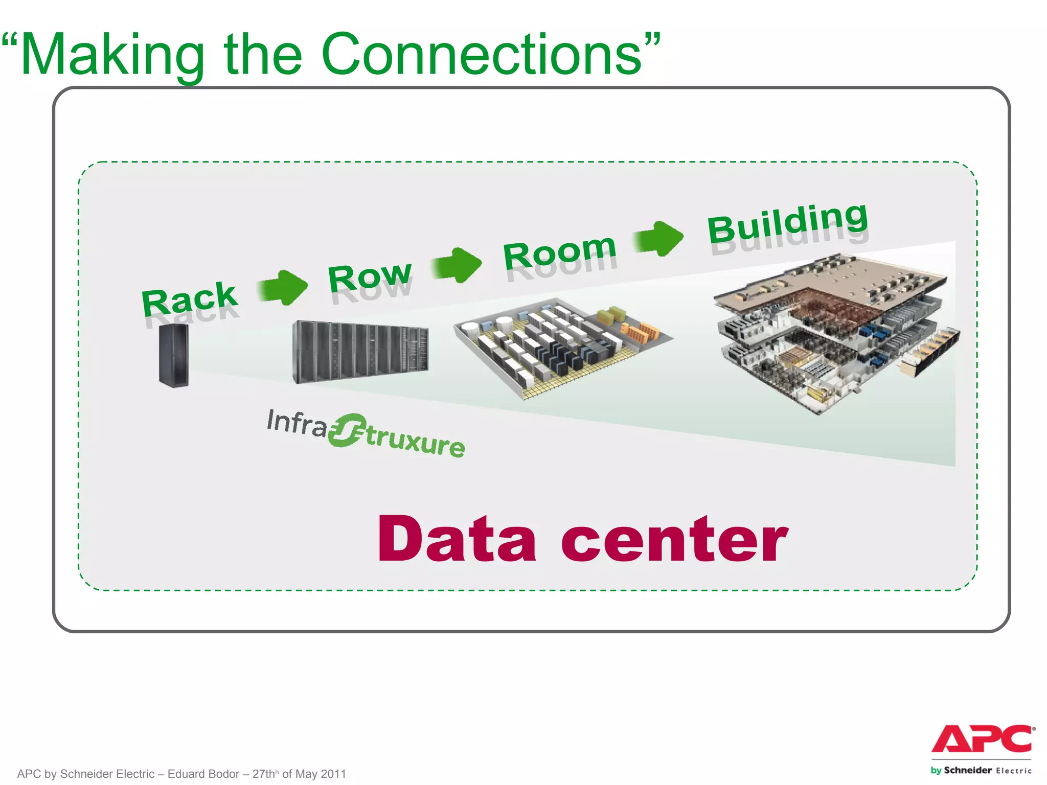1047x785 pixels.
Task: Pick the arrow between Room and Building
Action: pyautogui.click(x=659, y=238)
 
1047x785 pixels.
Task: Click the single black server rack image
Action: pyautogui.click(x=174, y=355)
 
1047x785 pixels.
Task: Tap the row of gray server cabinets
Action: pyautogui.click(x=360, y=352)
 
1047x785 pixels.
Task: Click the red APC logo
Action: pyautogui.click(x=982, y=739)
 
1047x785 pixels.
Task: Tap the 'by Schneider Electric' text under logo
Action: pyautogui.click(x=981, y=770)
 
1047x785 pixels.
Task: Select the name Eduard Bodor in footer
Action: pyautogui.click(x=203, y=774)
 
